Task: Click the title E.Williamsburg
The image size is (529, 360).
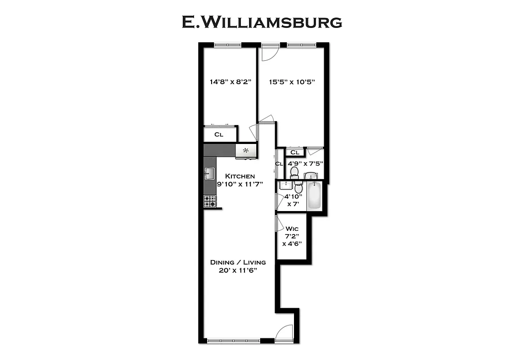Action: (x=262, y=22)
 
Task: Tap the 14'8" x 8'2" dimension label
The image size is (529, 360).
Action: (x=230, y=82)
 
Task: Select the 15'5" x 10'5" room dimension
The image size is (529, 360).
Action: (x=292, y=82)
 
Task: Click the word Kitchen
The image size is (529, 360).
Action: (x=240, y=176)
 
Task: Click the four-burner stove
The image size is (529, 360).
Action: (x=210, y=201)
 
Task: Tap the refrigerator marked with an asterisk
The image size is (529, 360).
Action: (x=246, y=151)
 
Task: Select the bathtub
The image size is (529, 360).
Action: (x=314, y=196)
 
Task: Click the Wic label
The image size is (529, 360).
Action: (x=292, y=229)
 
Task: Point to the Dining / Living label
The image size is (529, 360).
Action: (x=238, y=262)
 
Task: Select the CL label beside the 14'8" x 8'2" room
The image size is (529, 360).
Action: (x=219, y=135)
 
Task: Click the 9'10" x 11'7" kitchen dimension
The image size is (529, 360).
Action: (x=240, y=184)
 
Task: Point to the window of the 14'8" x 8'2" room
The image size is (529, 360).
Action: (x=227, y=45)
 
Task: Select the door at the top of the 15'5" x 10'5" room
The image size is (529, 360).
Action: (x=269, y=52)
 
